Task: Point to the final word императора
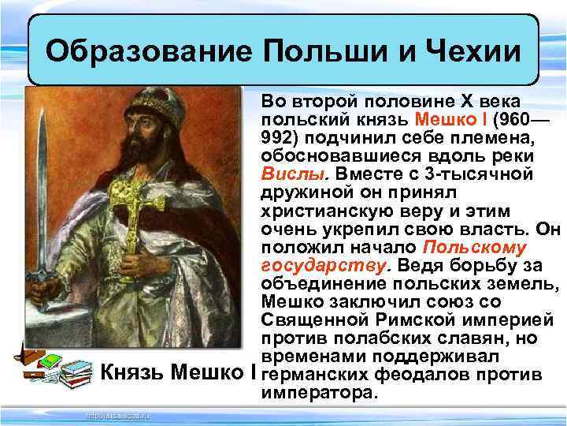tap(320, 390)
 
